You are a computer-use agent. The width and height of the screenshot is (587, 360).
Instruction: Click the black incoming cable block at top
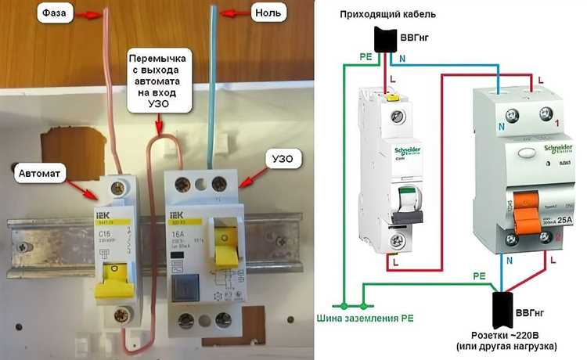click(x=384, y=39)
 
